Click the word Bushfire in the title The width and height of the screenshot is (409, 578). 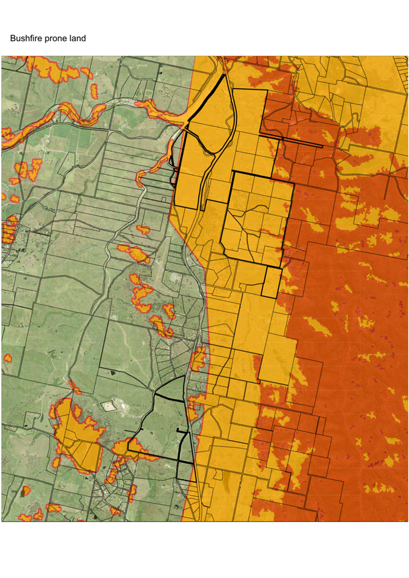[x=26, y=39]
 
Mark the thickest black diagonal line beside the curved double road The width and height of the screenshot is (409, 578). [x=207, y=97]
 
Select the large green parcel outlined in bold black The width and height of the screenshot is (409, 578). [x=164, y=424]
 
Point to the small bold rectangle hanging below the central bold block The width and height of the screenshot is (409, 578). [x=271, y=282]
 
